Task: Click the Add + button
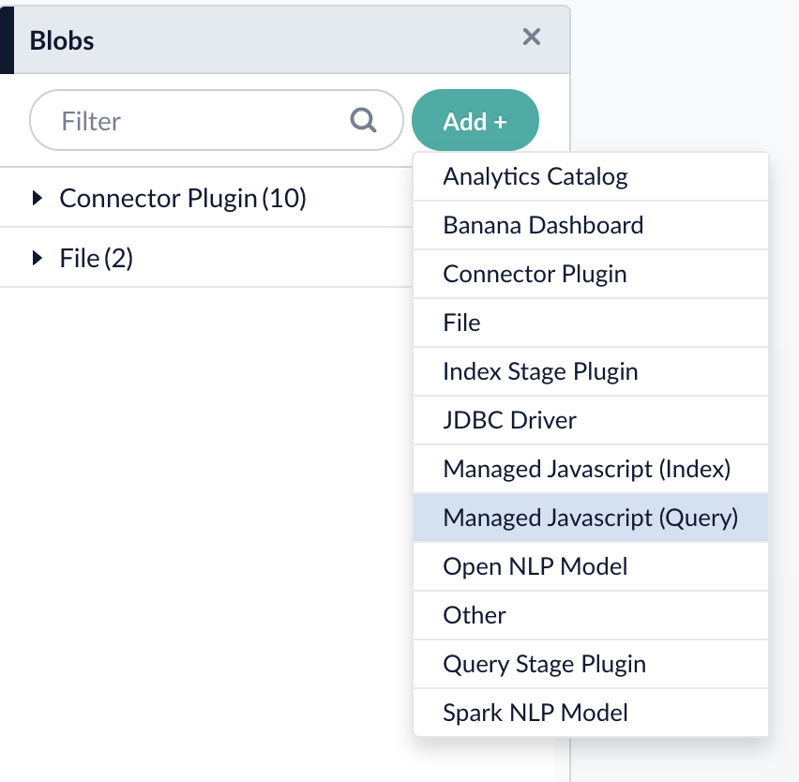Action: pyautogui.click(x=475, y=121)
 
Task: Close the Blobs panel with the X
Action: pyautogui.click(x=532, y=38)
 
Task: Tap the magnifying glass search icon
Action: pyautogui.click(x=363, y=120)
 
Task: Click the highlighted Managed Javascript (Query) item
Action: pyautogui.click(x=591, y=518)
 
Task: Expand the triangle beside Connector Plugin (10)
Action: pyautogui.click(x=38, y=198)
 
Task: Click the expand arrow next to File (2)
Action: pyautogui.click(x=38, y=258)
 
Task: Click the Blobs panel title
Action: pyautogui.click(x=62, y=40)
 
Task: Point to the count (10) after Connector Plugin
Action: pyautogui.click(x=284, y=198)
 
